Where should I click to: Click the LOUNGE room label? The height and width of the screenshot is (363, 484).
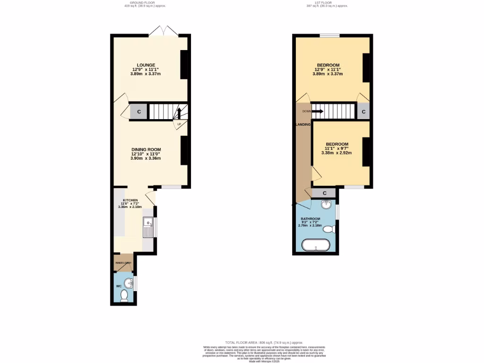[146, 65]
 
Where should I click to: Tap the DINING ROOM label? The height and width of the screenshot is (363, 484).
[146, 150]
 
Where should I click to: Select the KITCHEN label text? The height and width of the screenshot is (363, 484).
[130, 200]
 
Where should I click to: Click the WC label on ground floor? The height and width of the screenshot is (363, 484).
[119, 286]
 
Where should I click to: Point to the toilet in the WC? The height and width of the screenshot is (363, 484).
[124, 296]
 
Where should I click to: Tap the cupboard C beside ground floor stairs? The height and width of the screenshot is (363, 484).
[139, 112]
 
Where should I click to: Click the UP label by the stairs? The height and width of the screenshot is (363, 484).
[179, 124]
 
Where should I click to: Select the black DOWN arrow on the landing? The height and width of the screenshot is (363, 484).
[318, 112]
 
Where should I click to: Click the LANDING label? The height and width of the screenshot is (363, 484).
[303, 124]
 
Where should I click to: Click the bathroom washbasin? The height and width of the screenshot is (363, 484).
[326, 205]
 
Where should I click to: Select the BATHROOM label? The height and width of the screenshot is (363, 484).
[311, 219]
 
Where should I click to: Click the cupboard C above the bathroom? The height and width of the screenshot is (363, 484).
[325, 193]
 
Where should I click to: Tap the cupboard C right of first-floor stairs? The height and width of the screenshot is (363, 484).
[363, 112]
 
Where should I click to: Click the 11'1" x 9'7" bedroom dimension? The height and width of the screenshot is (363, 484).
[337, 148]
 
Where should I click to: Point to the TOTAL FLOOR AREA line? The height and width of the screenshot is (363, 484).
[264, 342]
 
